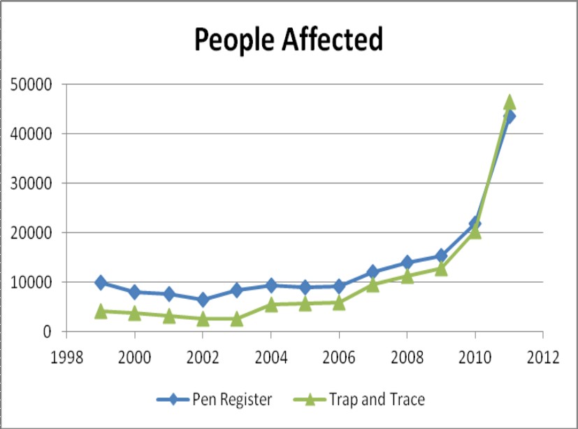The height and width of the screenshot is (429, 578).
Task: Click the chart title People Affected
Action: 289,40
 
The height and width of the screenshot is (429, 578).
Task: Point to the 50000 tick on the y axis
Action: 34,85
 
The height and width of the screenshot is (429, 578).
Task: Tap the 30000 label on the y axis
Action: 34,183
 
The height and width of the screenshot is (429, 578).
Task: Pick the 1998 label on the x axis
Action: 67,357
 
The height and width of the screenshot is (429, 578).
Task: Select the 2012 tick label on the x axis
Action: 544,357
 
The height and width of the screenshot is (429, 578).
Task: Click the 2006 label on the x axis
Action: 339,357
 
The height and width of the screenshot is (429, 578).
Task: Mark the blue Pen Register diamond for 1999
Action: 101,283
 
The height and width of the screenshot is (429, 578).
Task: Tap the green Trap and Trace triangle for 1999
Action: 101,311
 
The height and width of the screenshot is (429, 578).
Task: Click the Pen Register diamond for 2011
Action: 510,116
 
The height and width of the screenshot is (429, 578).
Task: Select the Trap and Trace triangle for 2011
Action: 510,102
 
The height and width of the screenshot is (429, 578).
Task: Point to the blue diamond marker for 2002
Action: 203,300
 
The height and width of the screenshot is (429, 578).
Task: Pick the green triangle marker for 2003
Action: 237,318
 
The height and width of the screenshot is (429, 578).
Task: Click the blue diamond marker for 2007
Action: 373,272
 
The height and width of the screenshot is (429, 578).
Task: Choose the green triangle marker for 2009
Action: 441,268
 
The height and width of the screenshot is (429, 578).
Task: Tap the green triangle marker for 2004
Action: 271,304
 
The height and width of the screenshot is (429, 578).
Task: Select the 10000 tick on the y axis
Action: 34,282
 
